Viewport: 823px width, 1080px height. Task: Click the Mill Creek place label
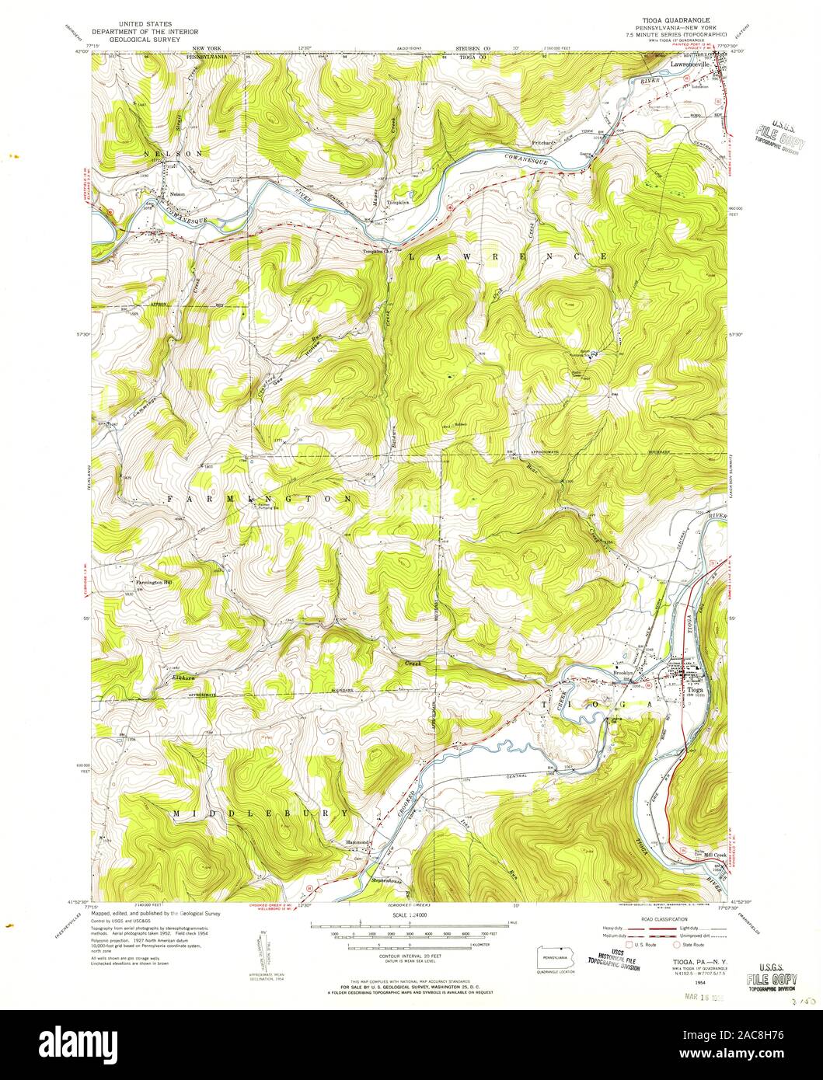coord(692,852)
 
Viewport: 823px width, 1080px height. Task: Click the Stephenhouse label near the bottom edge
coord(389,880)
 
